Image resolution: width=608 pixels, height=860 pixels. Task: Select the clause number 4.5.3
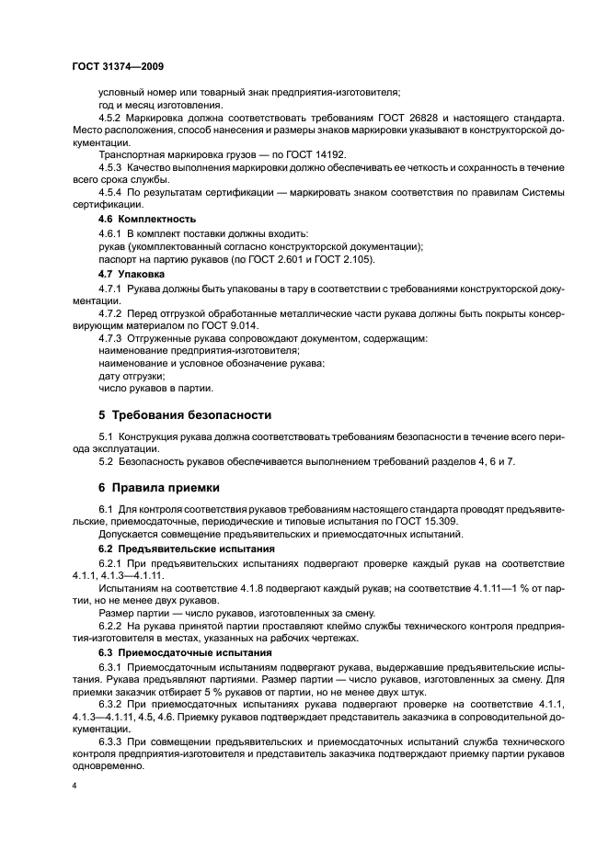pos(110,169)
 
